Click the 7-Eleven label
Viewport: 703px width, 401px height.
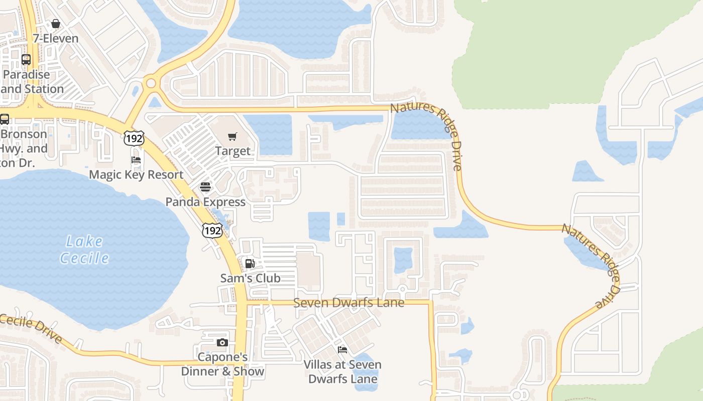55,39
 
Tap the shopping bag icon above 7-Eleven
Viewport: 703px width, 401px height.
56,24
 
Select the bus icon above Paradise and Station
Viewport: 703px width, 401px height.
26,60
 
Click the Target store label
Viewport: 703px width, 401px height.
232,151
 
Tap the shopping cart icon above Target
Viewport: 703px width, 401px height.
232,136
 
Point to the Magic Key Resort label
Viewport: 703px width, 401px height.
136,174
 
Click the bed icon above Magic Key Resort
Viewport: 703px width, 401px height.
136,160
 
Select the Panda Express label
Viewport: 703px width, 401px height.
205,202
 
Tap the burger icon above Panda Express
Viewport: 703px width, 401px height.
205,187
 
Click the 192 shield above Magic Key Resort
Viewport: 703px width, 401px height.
134,138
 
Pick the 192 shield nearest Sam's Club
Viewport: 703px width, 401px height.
212,230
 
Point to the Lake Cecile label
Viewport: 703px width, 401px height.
84,250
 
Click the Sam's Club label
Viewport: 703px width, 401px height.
250,278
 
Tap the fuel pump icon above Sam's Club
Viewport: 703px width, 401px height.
250,264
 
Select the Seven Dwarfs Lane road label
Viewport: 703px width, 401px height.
348,303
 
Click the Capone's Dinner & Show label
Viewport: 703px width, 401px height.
222,364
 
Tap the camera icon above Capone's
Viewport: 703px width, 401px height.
222,343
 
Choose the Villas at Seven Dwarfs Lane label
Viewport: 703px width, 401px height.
342,371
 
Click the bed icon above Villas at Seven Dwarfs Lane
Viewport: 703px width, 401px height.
342,349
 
